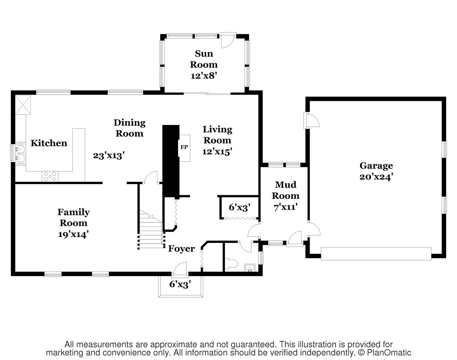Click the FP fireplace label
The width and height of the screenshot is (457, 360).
tap(184, 147)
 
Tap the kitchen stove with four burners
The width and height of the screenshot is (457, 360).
tap(50, 177)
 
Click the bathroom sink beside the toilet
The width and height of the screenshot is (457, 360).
tap(250, 267)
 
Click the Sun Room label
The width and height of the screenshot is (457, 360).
tap(204, 59)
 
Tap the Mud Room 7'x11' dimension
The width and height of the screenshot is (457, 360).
tap(285, 207)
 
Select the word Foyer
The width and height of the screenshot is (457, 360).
tap(181, 249)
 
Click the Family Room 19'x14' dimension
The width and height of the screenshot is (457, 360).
tap(73, 234)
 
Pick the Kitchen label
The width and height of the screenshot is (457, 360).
tap(49, 143)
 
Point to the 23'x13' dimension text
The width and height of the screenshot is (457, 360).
tap(109, 156)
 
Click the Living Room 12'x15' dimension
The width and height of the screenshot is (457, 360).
tap(217, 151)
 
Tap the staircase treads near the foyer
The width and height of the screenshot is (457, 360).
tap(151, 229)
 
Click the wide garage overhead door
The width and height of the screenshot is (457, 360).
tap(376, 253)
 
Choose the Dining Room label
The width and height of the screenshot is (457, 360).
tap(130, 128)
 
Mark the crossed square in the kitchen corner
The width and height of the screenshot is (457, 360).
tap(23, 105)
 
